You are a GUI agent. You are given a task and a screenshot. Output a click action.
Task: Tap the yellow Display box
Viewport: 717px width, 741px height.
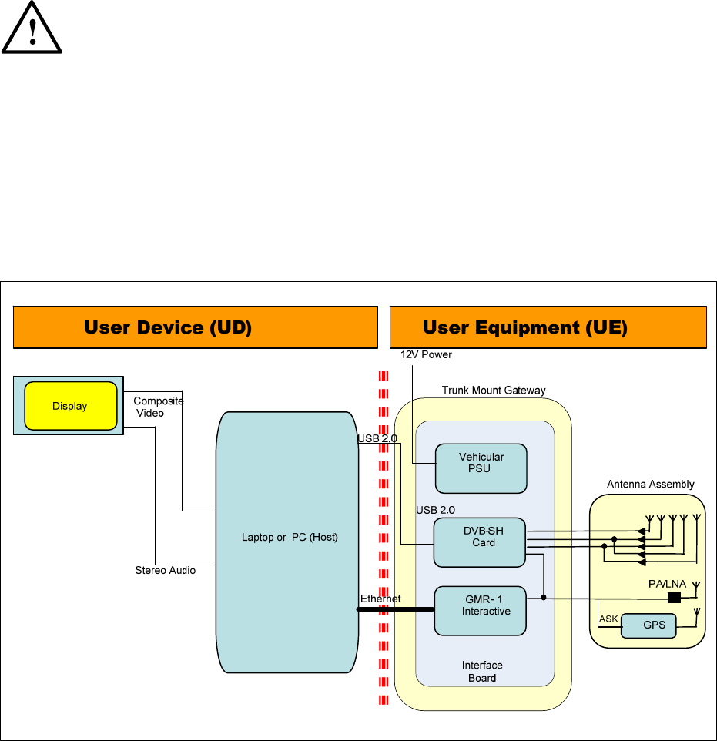[x=70, y=406]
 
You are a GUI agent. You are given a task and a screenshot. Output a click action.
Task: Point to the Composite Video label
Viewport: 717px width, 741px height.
[x=158, y=407]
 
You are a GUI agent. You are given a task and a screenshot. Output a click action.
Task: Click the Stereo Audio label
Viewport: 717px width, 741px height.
[x=165, y=570]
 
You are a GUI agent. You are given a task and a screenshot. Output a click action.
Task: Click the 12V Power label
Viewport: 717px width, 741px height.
[x=426, y=355]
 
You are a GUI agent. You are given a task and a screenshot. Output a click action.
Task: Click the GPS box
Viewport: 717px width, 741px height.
[x=648, y=625]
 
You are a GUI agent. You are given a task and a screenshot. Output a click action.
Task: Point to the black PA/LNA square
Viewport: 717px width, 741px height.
[x=675, y=598]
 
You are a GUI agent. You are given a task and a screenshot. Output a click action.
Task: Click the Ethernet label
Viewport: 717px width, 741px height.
[x=380, y=598]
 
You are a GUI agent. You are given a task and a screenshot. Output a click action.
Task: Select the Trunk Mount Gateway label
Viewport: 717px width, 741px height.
[x=494, y=391]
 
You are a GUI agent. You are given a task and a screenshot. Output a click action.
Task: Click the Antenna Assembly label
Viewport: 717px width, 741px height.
[x=650, y=484]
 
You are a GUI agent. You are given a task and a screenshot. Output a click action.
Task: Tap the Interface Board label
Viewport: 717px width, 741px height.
[x=482, y=671]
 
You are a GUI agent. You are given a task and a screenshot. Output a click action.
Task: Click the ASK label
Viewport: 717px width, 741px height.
[x=608, y=619]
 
